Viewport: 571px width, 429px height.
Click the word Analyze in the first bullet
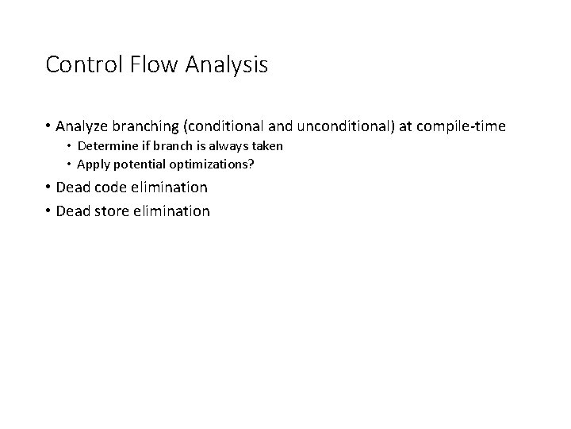(82, 126)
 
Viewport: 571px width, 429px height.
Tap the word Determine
(107, 147)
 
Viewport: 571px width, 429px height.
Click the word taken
(264, 147)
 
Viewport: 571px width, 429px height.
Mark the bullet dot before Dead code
(48, 188)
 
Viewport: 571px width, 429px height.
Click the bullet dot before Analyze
(48, 127)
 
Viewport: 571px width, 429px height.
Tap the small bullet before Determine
(68, 148)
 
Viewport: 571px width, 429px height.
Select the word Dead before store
(74, 211)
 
